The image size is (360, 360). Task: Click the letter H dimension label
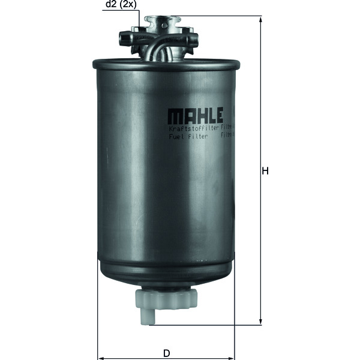point(265,170)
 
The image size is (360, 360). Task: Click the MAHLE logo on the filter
point(195,115)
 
